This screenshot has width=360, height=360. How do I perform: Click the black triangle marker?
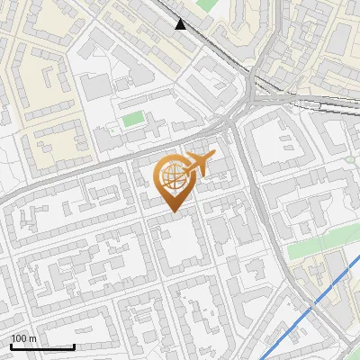181,24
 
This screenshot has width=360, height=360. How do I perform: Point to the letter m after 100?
33,338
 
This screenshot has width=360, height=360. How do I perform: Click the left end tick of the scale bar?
10,346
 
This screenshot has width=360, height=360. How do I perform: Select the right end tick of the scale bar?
74,346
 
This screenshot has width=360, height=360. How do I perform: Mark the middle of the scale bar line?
41,347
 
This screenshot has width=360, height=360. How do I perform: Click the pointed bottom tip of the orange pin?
173,211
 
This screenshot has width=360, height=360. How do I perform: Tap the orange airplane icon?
201,164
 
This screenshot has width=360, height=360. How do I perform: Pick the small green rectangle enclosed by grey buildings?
133,119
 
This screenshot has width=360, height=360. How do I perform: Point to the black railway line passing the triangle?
216,45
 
